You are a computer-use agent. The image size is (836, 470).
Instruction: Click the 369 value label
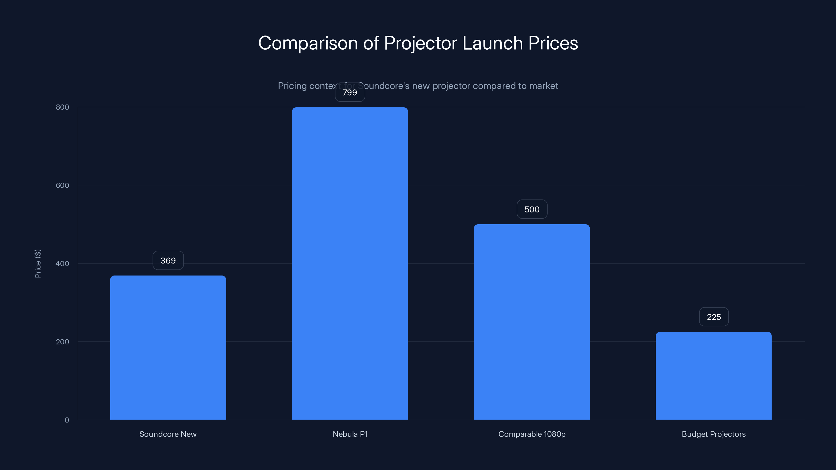[x=168, y=261]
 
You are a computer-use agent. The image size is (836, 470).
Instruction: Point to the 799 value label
[x=350, y=92]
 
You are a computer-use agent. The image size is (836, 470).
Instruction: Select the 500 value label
[x=532, y=209]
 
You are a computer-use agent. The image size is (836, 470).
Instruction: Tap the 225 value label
[x=714, y=317]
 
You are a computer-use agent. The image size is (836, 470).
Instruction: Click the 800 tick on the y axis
[x=62, y=107]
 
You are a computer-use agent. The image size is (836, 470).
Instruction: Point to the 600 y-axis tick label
[x=62, y=185]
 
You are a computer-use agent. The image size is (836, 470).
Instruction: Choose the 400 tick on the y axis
[x=62, y=263]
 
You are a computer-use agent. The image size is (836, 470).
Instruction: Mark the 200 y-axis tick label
[x=62, y=342]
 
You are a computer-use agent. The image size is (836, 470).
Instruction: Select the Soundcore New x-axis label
[x=168, y=434]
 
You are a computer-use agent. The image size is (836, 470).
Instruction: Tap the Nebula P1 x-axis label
[x=350, y=434]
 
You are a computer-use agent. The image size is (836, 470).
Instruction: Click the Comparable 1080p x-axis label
[x=532, y=434]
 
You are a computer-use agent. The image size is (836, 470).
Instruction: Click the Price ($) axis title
[x=38, y=263]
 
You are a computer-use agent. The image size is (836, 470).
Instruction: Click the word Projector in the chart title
[x=421, y=43]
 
